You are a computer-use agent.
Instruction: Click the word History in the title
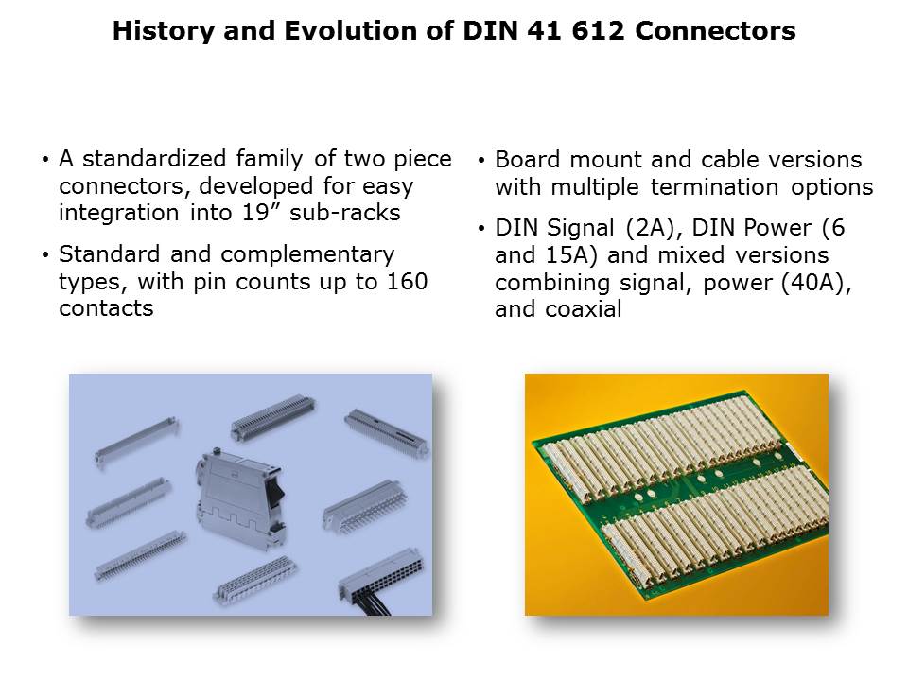click(164, 30)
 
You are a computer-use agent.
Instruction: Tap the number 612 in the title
click(599, 30)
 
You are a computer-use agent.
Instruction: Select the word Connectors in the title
click(715, 30)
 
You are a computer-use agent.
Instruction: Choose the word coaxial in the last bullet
click(584, 309)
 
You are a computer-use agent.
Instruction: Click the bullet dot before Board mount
click(481, 160)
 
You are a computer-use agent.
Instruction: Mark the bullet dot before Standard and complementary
click(45, 254)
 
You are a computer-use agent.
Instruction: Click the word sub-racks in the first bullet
click(344, 213)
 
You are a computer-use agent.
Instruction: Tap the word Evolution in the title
click(351, 30)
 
